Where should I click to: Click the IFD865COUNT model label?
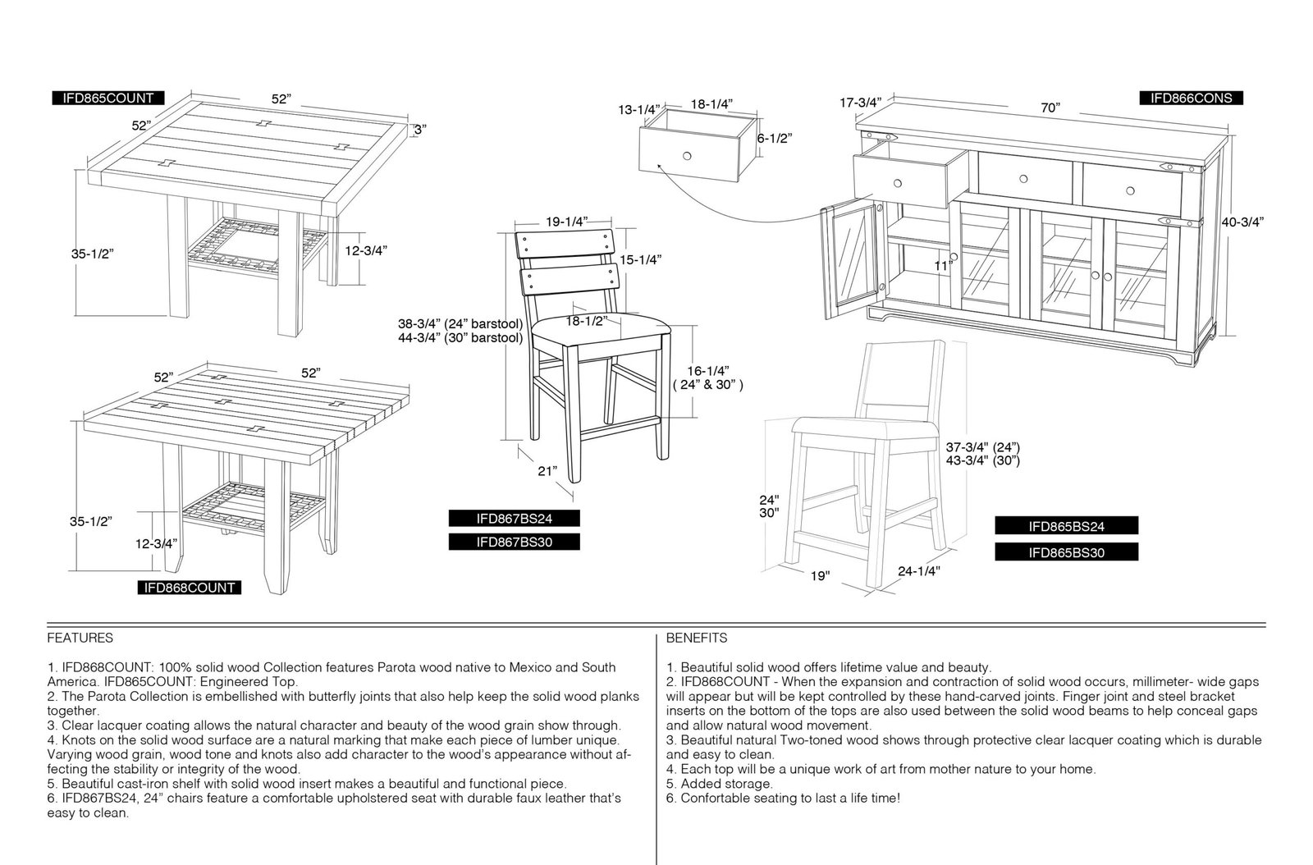click(x=108, y=98)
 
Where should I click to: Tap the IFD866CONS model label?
click(x=1191, y=98)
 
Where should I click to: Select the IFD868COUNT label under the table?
click(x=190, y=588)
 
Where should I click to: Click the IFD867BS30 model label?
click(x=514, y=542)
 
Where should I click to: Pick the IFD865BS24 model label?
click(x=1066, y=526)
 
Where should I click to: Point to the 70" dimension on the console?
click(x=1050, y=108)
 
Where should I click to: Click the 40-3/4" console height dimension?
click(x=1242, y=222)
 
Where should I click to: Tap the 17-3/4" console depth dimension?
click(x=861, y=103)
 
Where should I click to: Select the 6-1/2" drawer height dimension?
click(x=775, y=139)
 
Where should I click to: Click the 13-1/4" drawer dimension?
click(x=639, y=110)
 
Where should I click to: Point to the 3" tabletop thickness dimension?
click(x=419, y=130)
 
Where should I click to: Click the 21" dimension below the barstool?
click(x=547, y=470)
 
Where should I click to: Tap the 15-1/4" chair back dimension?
click(x=640, y=259)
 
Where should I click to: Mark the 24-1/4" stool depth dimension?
click(x=918, y=571)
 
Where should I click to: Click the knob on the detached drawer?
click(x=687, y=156)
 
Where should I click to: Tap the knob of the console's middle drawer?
click(x=1023, y=179)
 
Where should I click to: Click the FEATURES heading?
click(x=80, y=638)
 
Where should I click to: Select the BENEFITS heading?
click(x=697, y=638)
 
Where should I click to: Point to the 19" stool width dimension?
click(x=820, y=576)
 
